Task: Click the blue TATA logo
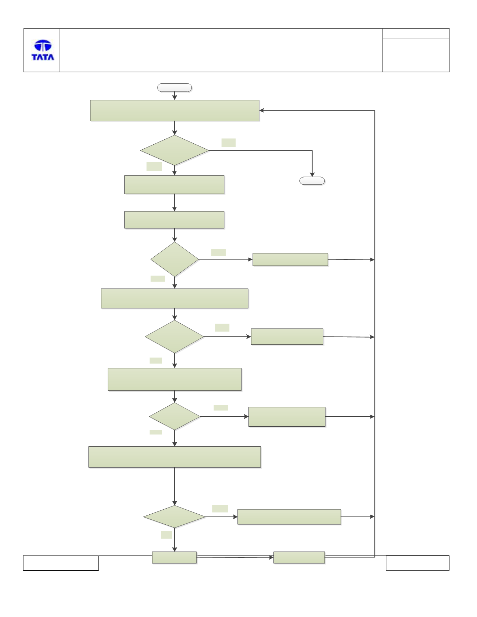point(43,50)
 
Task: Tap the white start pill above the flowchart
point(175,88)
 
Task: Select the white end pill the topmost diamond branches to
point(312,181)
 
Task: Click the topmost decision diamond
point(175,150)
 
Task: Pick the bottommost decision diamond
point(175,516)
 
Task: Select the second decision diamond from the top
point(175,259)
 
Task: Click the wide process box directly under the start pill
point(175,110)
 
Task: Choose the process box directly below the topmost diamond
point(174,185)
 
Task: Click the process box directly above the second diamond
point(174,220)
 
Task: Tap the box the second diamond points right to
point(290,259)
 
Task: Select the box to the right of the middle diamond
point(287,336)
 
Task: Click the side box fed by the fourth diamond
point(287,417)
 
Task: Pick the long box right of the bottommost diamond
point(289,517)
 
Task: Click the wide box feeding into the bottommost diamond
point(175,457)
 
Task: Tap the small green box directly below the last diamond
point(174,557)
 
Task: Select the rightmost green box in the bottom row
point(299,557)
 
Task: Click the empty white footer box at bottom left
point(61,563)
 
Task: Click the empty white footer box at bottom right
point(417,563)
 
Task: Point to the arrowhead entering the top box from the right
point(262,110)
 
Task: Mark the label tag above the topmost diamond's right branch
point(229,143)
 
